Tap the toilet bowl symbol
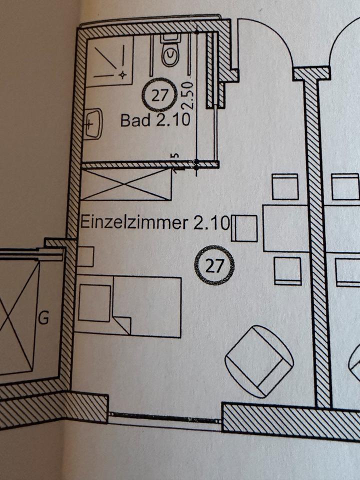point(170,55)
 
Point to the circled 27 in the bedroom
point(214,265)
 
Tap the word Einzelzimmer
point(130,221)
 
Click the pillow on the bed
point(95,303)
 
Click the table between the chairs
point(285,228)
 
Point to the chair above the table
point(285,186)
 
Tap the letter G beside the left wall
point(43,318)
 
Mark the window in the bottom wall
point(165,417)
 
